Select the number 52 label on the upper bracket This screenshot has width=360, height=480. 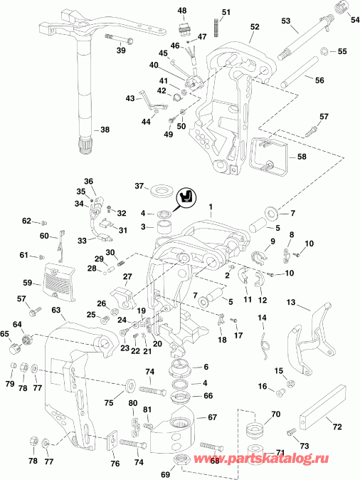tap(254, 26)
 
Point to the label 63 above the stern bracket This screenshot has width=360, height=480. tap(56, 311)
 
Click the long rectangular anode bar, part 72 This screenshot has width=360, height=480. tap(319, 415)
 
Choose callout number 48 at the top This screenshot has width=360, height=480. tap(182, 11)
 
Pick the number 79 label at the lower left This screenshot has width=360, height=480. tap(10, 385)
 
